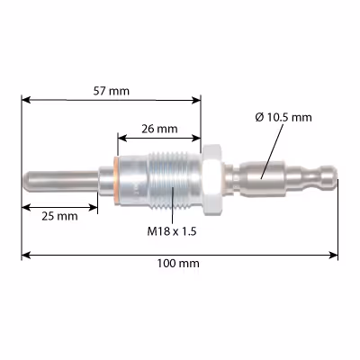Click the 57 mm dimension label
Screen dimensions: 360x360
point(111,91)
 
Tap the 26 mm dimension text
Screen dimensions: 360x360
point(159,129)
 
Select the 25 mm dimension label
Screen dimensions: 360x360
point(59,216)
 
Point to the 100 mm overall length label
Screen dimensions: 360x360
point(178,264)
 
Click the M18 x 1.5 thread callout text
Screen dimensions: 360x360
point(172,231)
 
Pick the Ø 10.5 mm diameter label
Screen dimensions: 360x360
point(283,117)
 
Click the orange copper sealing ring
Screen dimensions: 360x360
point(116,181)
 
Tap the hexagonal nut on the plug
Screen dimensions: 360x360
point(212,180)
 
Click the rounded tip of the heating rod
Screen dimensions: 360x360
point(26,181)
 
